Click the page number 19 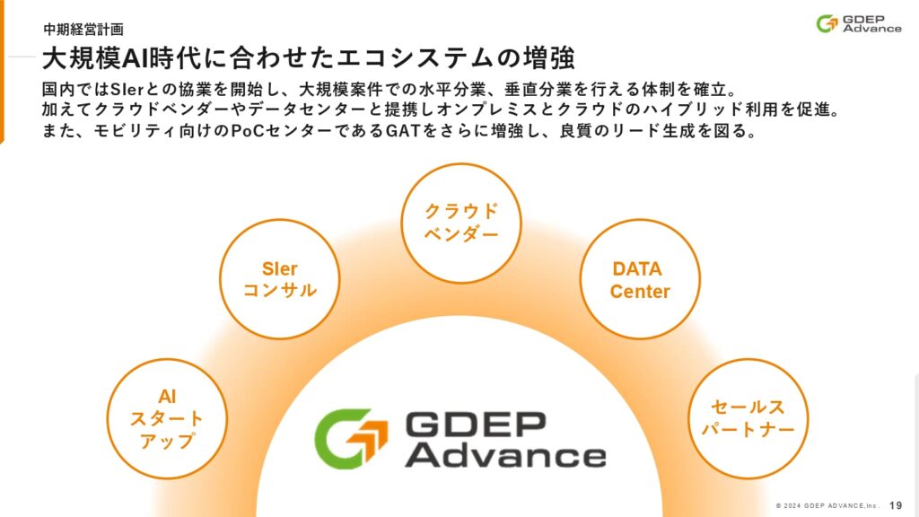click(896, 505)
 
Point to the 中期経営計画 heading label click(83, 30)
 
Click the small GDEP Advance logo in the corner click(859, 23)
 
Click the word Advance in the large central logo click(505, 455)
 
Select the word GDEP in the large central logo click(476, 424)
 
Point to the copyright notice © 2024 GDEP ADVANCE click(827, 505)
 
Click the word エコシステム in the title click(388, 57)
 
